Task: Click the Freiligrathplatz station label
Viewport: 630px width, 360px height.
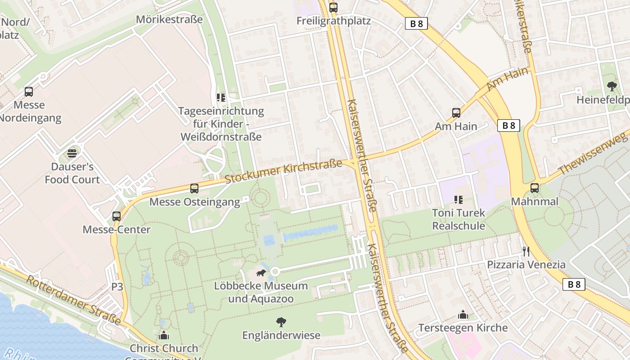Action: pyautogui.click(x=333, y=21)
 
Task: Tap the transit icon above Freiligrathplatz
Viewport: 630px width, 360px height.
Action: pyautogui.click(x=333, y=7)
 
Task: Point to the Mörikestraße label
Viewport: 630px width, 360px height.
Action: pyautogui.click(x=169, y=19)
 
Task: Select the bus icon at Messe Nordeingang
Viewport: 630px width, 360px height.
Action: pyautogui.click(x=29, y=92)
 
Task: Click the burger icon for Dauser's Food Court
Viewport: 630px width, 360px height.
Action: pyautogui.click(x=72, y=153)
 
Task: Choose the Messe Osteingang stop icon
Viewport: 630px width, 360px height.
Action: pyautogui.click(x=194, y=189)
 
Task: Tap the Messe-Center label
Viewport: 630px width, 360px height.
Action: pyautogui.click(x=117, y=229)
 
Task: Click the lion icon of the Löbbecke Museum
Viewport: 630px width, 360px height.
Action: pyautogui.click(x=261, y=273)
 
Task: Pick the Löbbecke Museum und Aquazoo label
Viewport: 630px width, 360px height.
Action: pyautogui.click(x=261, y=292)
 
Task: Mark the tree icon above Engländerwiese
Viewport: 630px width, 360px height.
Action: pyautogui.click(x=281, y=322)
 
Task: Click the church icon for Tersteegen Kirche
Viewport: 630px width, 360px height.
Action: pyautogui.click(x=463, y=315)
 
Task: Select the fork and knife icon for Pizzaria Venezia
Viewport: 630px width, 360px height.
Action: pyautogui.click(x=526, y=251)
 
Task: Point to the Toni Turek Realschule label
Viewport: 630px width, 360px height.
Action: pyautogui.click(x=459, y=219)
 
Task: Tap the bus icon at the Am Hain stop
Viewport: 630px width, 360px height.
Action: pyautogui.click(x=456, y=113)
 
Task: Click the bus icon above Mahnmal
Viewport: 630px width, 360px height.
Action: pyautogui.click(x=535, y=188)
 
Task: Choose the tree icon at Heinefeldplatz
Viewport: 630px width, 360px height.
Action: pyautogui.click(x=612, y=86)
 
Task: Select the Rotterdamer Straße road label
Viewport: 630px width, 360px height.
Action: pyautogui.click(x=74, y=300)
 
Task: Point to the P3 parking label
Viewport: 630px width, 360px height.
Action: pyautogui.click(x=117, y=287)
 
